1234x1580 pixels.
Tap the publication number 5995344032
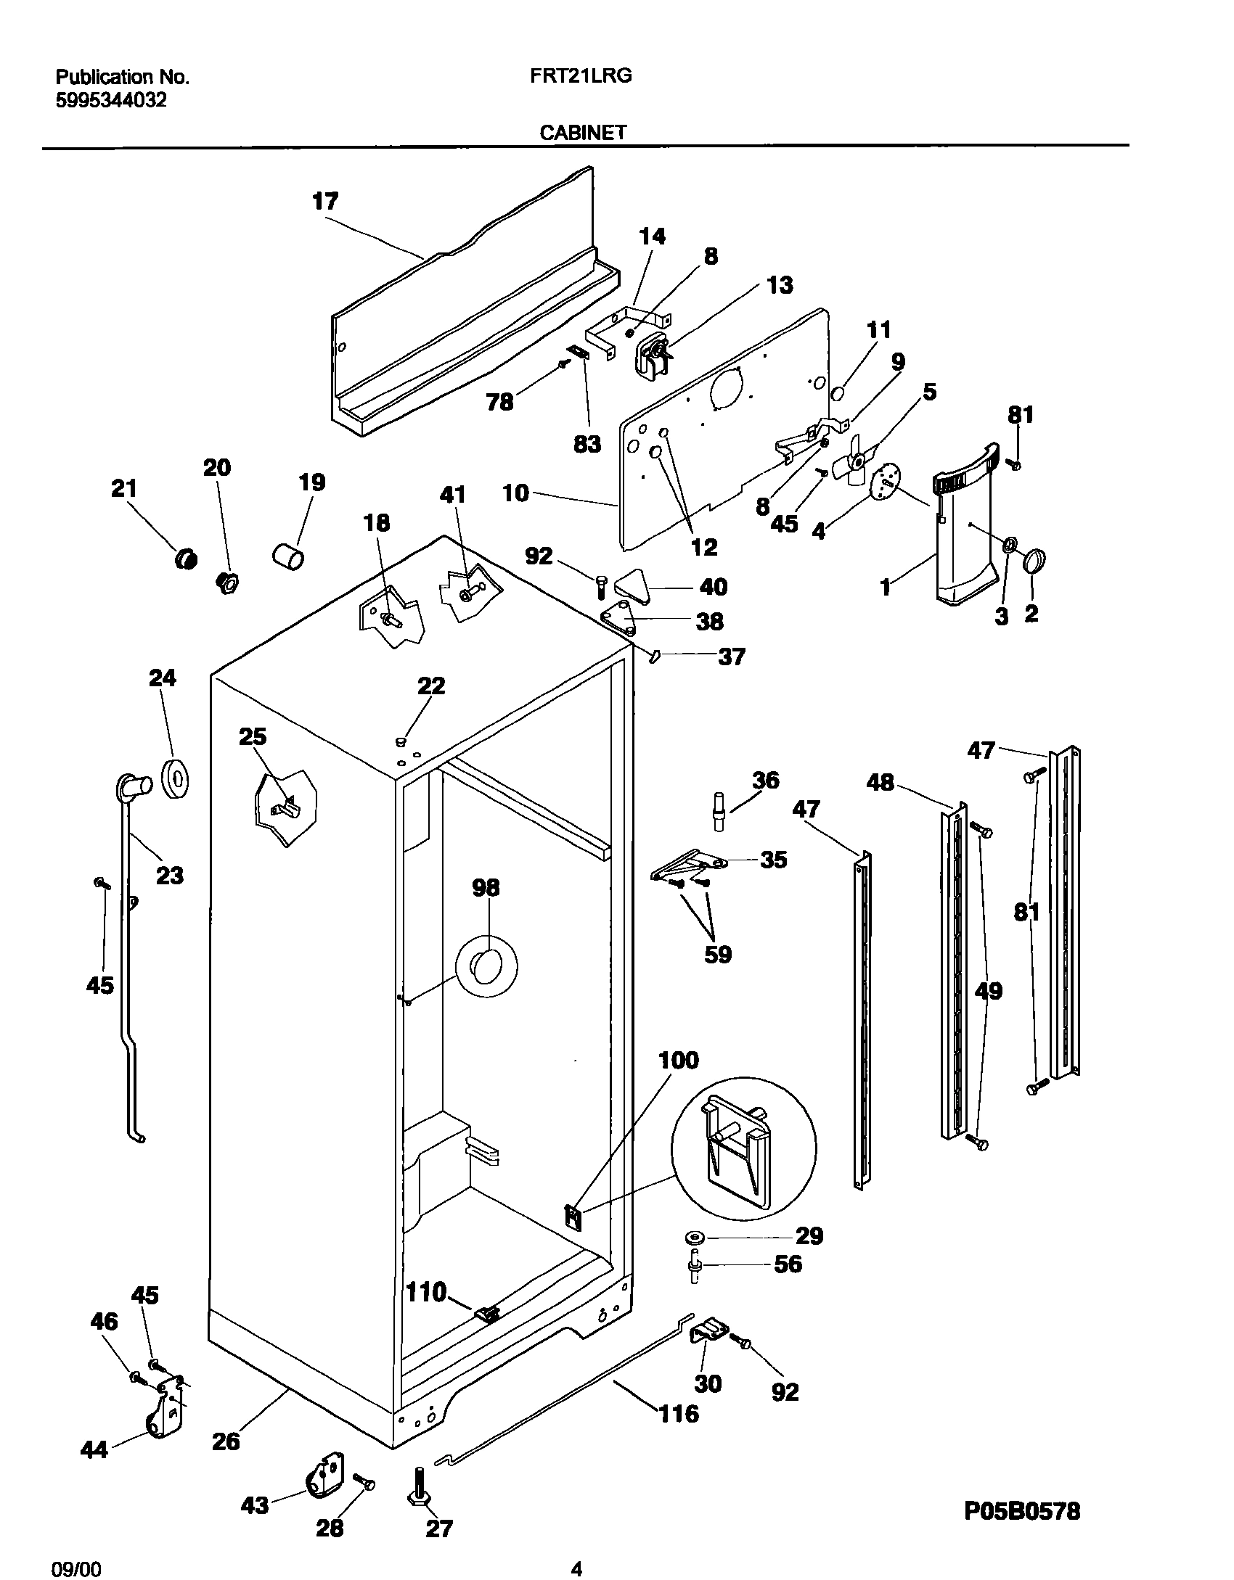coord(111,100)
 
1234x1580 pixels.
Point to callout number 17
coord(325,201)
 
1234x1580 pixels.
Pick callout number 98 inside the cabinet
coord(486,888)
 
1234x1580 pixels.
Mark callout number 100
coord(678,1061)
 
